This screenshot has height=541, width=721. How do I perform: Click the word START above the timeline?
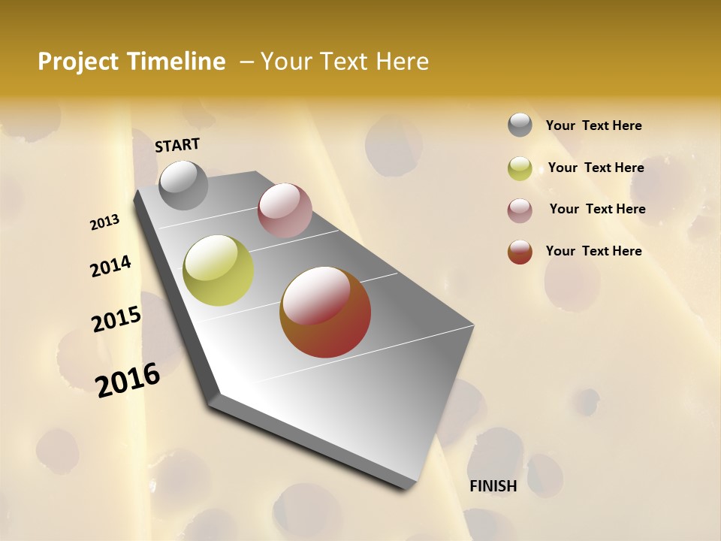(x=177, y=145)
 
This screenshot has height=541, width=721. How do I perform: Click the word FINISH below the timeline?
(x=493, y=486)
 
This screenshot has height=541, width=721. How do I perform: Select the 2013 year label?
(x=105, y=222)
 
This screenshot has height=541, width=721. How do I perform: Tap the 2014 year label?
(x=110, y=266)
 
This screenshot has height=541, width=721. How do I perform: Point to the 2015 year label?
(x=116, y=319)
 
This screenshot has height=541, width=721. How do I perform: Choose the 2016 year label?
(x=128, y=380)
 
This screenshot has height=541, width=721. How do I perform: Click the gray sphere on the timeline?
(x=183, y=185)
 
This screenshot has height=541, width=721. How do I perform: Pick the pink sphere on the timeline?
(x=285, y=210)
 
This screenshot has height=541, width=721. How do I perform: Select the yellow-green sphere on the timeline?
(x=218, y=270)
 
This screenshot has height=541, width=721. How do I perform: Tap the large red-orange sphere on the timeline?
(x=325, y=312)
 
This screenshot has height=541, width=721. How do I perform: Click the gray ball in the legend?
(x=520, y=125)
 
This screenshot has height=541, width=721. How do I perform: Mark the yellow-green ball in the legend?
(x=520, y=168)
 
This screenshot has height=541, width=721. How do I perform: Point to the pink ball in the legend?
(x=520, y=210)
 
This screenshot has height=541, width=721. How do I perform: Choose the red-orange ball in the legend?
(x=520, y=252)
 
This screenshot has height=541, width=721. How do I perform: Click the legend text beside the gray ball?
(x=593, y=125)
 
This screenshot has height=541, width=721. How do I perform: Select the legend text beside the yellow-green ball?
(x=596, y=168)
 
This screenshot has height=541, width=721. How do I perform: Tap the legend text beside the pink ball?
(x=597, y=209)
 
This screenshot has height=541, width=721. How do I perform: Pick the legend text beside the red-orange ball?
(x=593, y=251)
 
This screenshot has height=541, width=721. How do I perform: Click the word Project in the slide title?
(x=77, y=62)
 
